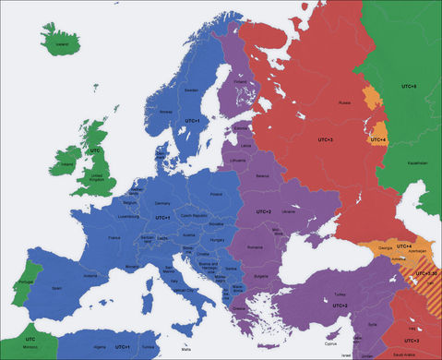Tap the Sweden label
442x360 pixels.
coord(192,91)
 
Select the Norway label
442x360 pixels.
coord(166,110)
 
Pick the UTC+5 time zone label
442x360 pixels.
coord(410,86)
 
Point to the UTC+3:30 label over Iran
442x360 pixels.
coord(427,273)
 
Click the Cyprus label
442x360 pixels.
coord(319,337)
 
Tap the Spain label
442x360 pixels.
coord(56,288)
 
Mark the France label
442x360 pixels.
coord(115,237)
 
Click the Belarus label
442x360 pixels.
coord(263,174)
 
